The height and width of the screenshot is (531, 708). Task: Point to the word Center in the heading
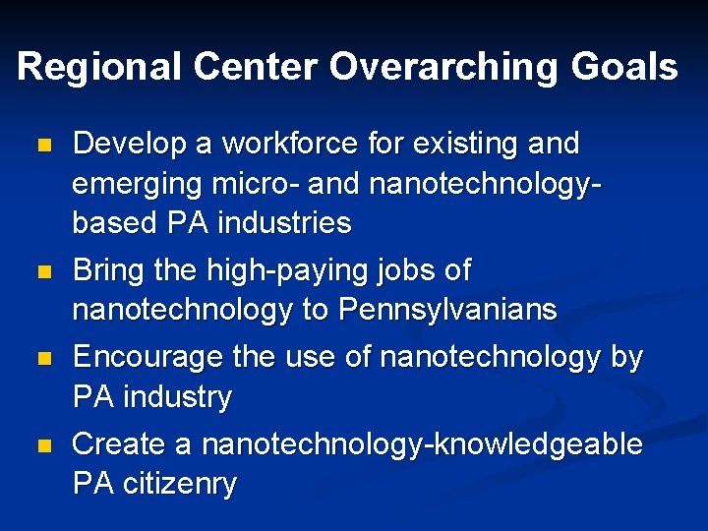coord(257,67)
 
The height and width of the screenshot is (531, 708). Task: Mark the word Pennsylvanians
coord(447,310)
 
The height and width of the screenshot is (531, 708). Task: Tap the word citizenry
coord(180,484)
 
